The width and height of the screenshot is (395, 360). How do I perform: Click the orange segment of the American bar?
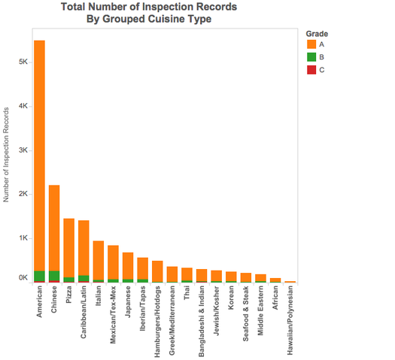[40, 156]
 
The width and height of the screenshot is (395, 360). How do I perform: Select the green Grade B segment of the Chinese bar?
[54, 276]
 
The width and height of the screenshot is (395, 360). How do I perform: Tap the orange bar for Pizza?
[68, 248]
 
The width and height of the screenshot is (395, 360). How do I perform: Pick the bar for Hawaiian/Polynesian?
[290, 282]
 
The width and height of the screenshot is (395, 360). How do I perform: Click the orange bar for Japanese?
[128, 265]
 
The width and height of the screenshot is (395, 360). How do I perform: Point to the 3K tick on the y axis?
[31, 150]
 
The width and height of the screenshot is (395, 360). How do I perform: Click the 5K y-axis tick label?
[23, 62]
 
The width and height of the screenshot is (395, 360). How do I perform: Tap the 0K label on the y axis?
[23, 277]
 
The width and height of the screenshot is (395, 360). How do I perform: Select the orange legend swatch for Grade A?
[311, 44]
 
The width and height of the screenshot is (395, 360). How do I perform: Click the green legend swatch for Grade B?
[311, 57]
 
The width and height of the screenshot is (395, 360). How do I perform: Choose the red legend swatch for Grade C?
[311, 70]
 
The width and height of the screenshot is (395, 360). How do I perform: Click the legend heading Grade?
[317, 34]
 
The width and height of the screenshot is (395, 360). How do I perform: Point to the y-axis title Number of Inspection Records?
[6, 155]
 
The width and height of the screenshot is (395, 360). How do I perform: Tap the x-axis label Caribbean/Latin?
[84, 312]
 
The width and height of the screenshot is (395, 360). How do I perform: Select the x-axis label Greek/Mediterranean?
[172, 320]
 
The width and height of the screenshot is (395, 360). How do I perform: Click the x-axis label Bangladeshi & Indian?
[202, 321]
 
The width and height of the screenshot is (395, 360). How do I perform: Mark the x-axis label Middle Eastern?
[260, 310]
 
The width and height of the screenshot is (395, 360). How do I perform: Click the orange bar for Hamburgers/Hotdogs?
[157, 271]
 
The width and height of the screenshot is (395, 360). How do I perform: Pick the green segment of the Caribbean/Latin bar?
[84, 278]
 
